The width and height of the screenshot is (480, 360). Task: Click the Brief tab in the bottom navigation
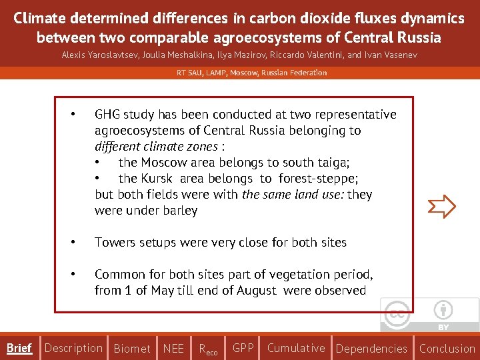pos(19,348)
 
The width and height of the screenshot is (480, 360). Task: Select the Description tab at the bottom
pos(73,348)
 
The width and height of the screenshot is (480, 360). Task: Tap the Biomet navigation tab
pos(132,349)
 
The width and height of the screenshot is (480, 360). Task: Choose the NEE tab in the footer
pos(173,349)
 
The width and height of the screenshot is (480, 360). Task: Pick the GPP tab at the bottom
pos(243,348)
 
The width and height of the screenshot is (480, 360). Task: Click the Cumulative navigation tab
pos(296,348)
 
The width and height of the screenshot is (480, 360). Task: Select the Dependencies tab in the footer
pos(371,349)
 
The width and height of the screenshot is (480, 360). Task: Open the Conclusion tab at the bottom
pos(447,349)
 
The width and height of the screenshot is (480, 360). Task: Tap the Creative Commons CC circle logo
pos(398,313)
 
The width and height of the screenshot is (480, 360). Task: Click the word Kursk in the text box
pos(160,179)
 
